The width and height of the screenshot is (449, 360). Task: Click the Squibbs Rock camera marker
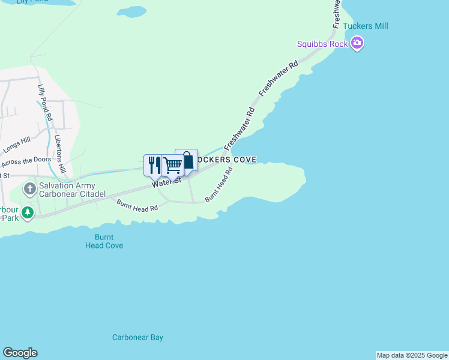pyautogui.click(x=357, y=43)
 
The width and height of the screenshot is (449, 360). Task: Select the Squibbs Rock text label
pyautogui.click(x=322, y=43)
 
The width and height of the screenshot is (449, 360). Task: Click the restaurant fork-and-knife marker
pyautogui.click(x=154, y=164)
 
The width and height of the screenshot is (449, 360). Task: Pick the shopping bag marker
pyautogui.click(x=187, y=160)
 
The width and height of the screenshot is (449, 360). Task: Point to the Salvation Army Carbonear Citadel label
pyautogui.click(x=72, y=190)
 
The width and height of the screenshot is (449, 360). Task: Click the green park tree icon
pyautogui.click(x=27, y=212)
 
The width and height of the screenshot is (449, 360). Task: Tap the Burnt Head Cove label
pyautogui.click(x=104, y=241)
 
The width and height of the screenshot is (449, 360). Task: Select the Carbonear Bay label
pyautogui.click(x=137, y=337)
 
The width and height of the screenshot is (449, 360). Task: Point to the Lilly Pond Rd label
pyautogui.click(x=45, y=101)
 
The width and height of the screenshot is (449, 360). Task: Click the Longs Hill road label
pyautogui.click(x=16, y=145)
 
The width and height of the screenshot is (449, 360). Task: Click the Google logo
pyautogui.click(x=20, y=353)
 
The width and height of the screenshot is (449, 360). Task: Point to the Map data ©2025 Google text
pyautogui.click(x=412, y=355)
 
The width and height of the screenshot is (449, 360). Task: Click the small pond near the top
pyautogui.click(x=131, y=11)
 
